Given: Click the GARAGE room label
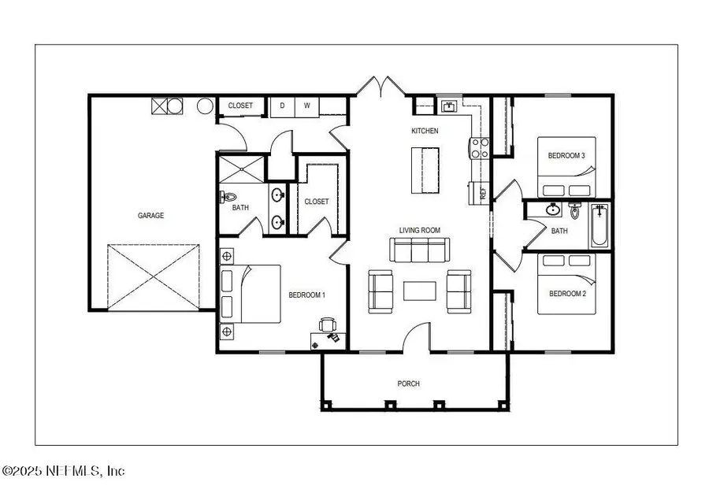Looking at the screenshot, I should (x=151, y=215).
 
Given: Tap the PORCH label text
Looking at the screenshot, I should (x=408, y=384).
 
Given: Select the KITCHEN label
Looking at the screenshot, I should (x=425, y=131).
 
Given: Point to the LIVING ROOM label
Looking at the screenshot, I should (x=419, y=230).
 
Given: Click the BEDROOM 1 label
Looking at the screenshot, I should (x=307, y=295).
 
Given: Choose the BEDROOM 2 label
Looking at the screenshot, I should (x=566, y=294).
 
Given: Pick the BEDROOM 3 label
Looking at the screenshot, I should (x=566, y=156).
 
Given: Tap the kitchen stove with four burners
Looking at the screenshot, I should (x=480, y=147).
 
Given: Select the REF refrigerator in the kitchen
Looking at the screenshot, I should (x=477, y=192).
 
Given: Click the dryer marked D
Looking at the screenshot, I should (x=283, y=106).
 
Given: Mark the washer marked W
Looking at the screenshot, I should (x=306, y=106).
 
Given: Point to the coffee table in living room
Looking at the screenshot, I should (x=418, y=291).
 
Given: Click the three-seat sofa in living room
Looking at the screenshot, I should (x=418, y=250).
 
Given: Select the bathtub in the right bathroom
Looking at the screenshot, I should (x=599, y=226).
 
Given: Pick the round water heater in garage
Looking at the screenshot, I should (x=205, y=106).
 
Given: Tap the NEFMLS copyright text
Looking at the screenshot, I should (x=63, y=471).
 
